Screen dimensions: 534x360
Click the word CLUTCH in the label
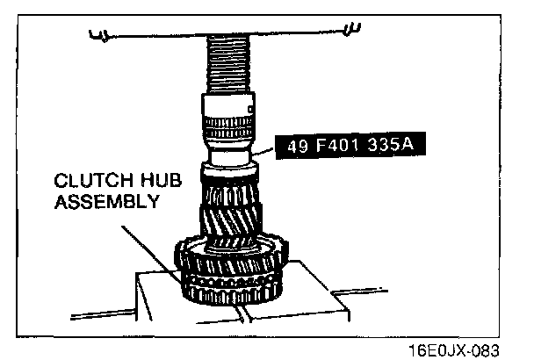tap(87, 182)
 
